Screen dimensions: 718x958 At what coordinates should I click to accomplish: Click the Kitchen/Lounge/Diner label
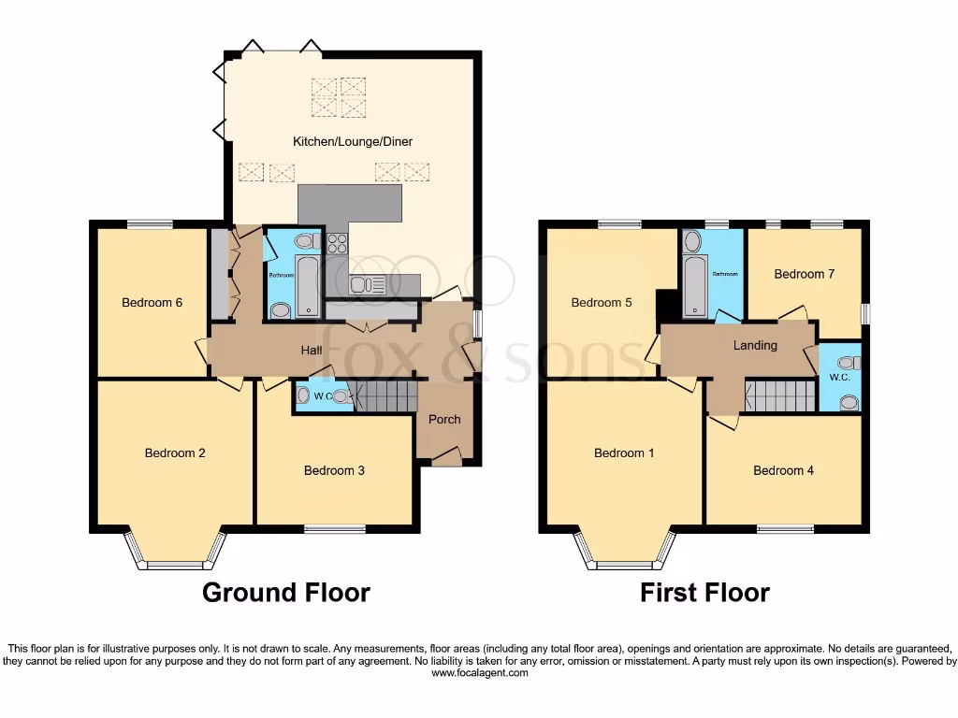click(353, 142)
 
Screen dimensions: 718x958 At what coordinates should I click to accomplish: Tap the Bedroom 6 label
click(152, 303)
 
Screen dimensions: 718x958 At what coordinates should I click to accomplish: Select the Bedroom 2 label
click(175, 453)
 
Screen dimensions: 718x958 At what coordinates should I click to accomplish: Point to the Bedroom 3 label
click(334, 471)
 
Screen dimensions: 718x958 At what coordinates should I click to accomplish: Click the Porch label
click(444, 420)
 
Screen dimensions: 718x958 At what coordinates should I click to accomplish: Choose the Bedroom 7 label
click(804, 275)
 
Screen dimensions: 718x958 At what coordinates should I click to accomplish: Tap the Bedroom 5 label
click(602, 303)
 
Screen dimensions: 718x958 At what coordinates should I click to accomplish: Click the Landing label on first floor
click(755, 346)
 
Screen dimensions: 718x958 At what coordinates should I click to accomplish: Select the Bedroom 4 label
click(783, 471)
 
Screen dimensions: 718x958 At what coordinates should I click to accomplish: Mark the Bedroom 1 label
click(624, 453)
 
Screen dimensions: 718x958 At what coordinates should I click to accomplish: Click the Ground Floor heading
click(286, 593)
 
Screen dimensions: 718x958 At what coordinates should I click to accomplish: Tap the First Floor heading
click(704, 593)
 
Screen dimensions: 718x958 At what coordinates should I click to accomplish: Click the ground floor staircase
click(385, 397)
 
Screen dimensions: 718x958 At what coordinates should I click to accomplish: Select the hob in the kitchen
click(338, 244)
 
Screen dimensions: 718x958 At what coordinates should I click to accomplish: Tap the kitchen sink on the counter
click(368, 285)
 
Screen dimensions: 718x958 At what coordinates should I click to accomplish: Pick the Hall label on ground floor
click(312, 351)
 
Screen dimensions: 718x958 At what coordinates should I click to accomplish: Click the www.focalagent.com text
click(479, 672)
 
